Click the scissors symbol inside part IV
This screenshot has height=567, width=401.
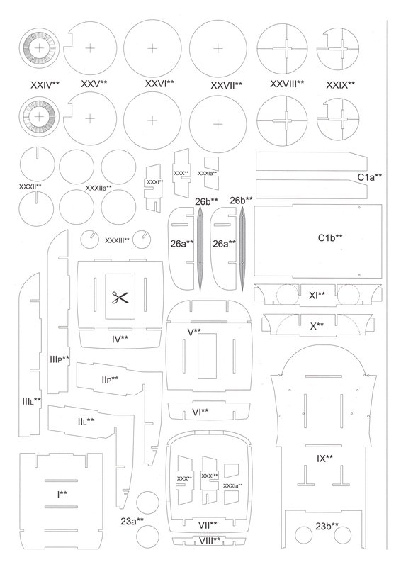pyautogui.click(x=120, y=297)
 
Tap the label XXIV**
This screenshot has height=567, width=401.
pyautogui.click(x=45, y=85)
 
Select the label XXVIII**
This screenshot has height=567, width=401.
pyautogui.click(x=287, y=84)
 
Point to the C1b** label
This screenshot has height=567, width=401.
pyautogui.click(x=330, y=237)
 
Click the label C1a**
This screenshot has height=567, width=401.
pyautogui.click(x=370, y=177)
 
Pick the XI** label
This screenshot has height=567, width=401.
pyautogui.click(x=317, y=296)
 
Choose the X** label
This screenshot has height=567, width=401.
pyautogui.click(x=317, y=326)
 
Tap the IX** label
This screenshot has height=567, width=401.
pyautogui.click(x=324, y=459)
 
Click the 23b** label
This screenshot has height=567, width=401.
pyautogui.click(x=327, y=526)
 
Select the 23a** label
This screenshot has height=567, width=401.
pyautogui.click(x=132, y=522)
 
